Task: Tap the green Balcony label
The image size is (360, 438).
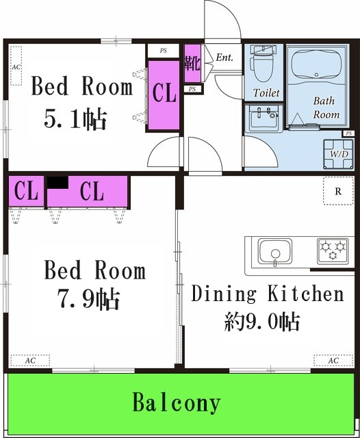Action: [x=177, y=402]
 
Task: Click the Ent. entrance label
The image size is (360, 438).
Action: [x=224, y=58]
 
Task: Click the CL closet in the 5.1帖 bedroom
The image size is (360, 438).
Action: [x=165, y=94]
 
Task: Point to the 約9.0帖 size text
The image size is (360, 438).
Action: [x=262, y=320]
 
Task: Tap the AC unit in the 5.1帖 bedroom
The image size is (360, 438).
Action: [x=15, y=67]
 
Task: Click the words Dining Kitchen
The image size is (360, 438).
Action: [x=267, y=294]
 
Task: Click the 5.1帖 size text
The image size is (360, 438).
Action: [x=75, y=119]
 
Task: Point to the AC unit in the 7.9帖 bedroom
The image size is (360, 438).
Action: [x=30, y=360]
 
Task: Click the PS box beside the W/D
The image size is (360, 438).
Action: [x=349, y=133]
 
